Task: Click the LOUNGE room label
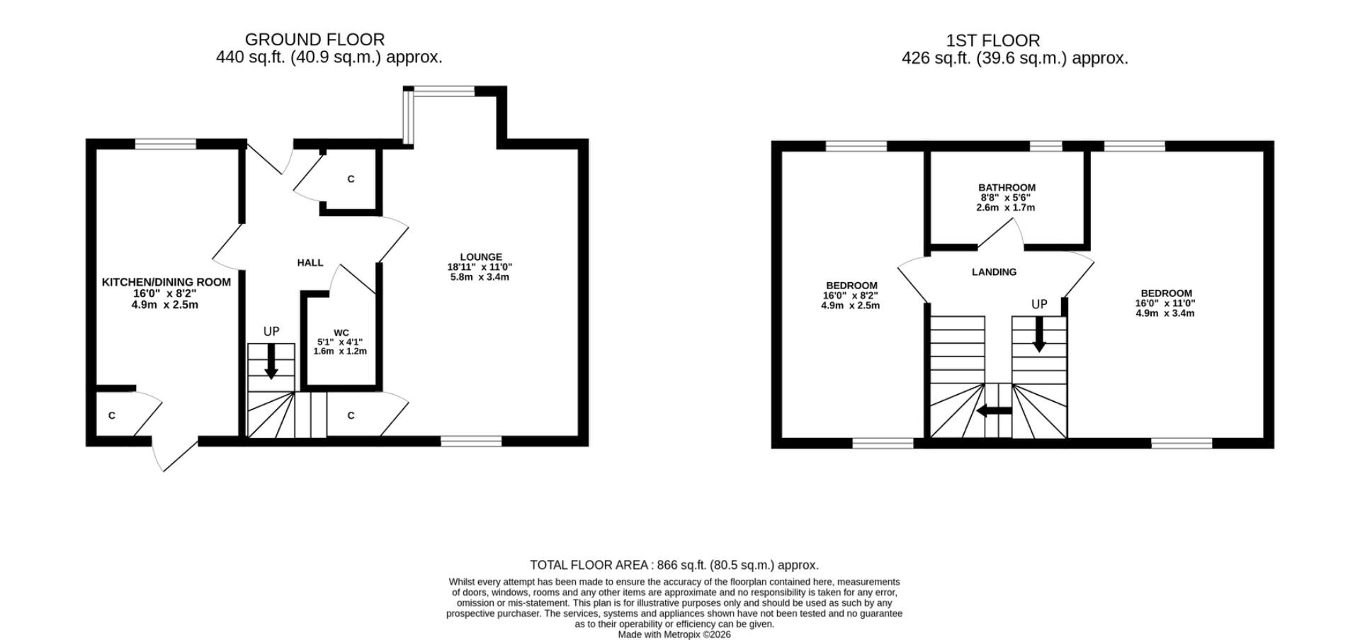point(480,257)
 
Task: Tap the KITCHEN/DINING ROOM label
point(166,282)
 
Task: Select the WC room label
point(341,332)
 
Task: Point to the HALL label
point(310,263)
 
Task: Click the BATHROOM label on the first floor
point(1007,188)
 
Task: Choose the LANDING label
point(994,272)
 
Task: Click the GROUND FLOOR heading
point(314,40)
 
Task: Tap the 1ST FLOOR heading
point(993,41)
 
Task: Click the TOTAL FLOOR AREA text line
point(674,565)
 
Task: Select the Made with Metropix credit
point(674,634)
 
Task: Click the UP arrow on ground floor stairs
point(271,362)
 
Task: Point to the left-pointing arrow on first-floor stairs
point(994,411)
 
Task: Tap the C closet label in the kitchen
point(112,415)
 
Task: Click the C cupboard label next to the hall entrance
point(351,179)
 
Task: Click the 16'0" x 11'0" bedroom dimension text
point(1165,303)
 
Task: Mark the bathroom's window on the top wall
point(1045,147)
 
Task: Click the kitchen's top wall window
point(166,145)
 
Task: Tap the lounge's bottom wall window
point(471,442)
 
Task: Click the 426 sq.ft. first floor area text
point(1014,59)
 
